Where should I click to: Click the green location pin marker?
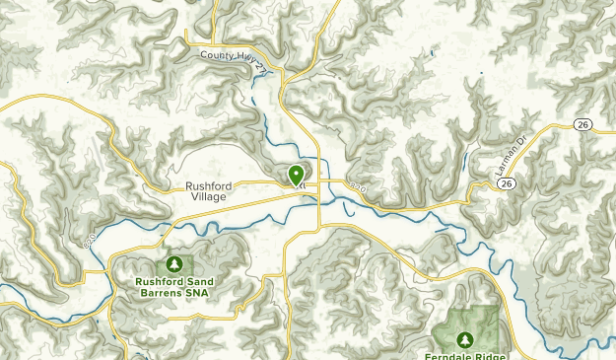296,175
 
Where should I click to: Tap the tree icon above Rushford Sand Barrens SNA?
174,264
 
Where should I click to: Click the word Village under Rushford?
207,197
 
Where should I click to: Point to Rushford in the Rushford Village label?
207,185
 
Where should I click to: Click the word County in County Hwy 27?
218,56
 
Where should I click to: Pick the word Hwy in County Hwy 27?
242,58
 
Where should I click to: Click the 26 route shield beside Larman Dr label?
507,183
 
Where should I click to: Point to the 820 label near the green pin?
357,184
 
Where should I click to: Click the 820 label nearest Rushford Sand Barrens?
91,240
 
